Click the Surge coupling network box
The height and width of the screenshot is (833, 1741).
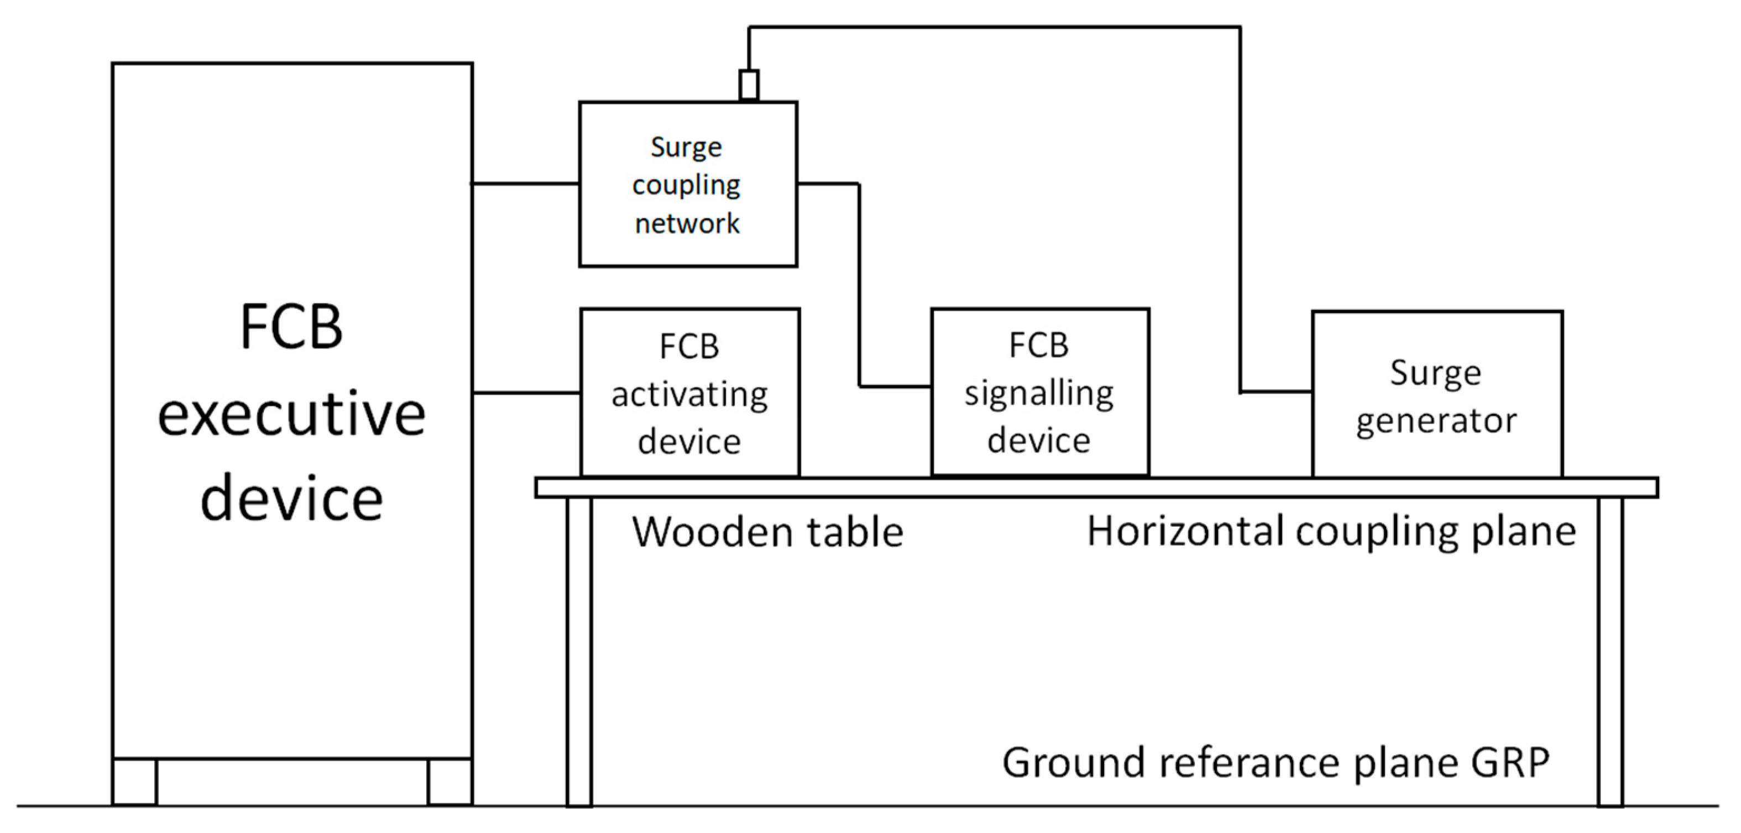coord(688,185)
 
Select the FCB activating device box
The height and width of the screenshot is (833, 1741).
coord(690,393)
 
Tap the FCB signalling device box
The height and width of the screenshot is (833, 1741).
coord(1040,392)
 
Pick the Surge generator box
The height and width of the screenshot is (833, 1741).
coord(1437,395)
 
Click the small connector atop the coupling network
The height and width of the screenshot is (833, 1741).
coord(749,86)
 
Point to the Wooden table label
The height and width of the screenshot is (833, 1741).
coord(768,532)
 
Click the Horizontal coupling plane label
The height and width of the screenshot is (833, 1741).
coord(1331,532)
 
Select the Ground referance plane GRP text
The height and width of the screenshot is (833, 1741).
coord(1276,763)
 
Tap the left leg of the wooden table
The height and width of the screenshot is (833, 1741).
coord(579,652)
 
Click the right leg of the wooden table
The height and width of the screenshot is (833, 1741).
coord(1611,652)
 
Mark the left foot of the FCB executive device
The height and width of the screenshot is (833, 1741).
coord(134,782)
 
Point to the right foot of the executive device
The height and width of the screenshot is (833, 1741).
coord(450,782)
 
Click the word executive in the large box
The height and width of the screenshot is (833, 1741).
coord(291,413)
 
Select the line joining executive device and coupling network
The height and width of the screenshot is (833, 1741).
coord(525,183)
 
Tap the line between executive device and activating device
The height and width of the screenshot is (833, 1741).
coord(526,392)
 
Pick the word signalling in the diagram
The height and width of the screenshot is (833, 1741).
coord(1039,394)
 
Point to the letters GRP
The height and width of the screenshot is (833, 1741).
coord(1504,763)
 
